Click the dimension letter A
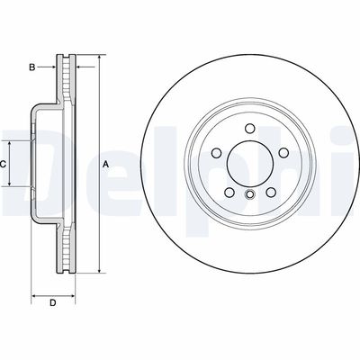click(x=105, y=163)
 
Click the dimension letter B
click(x=31, y=67)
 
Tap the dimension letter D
click(x=52, y=302)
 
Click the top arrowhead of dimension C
click(x=11, y=145)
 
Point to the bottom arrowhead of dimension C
click(x=11, y=184)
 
